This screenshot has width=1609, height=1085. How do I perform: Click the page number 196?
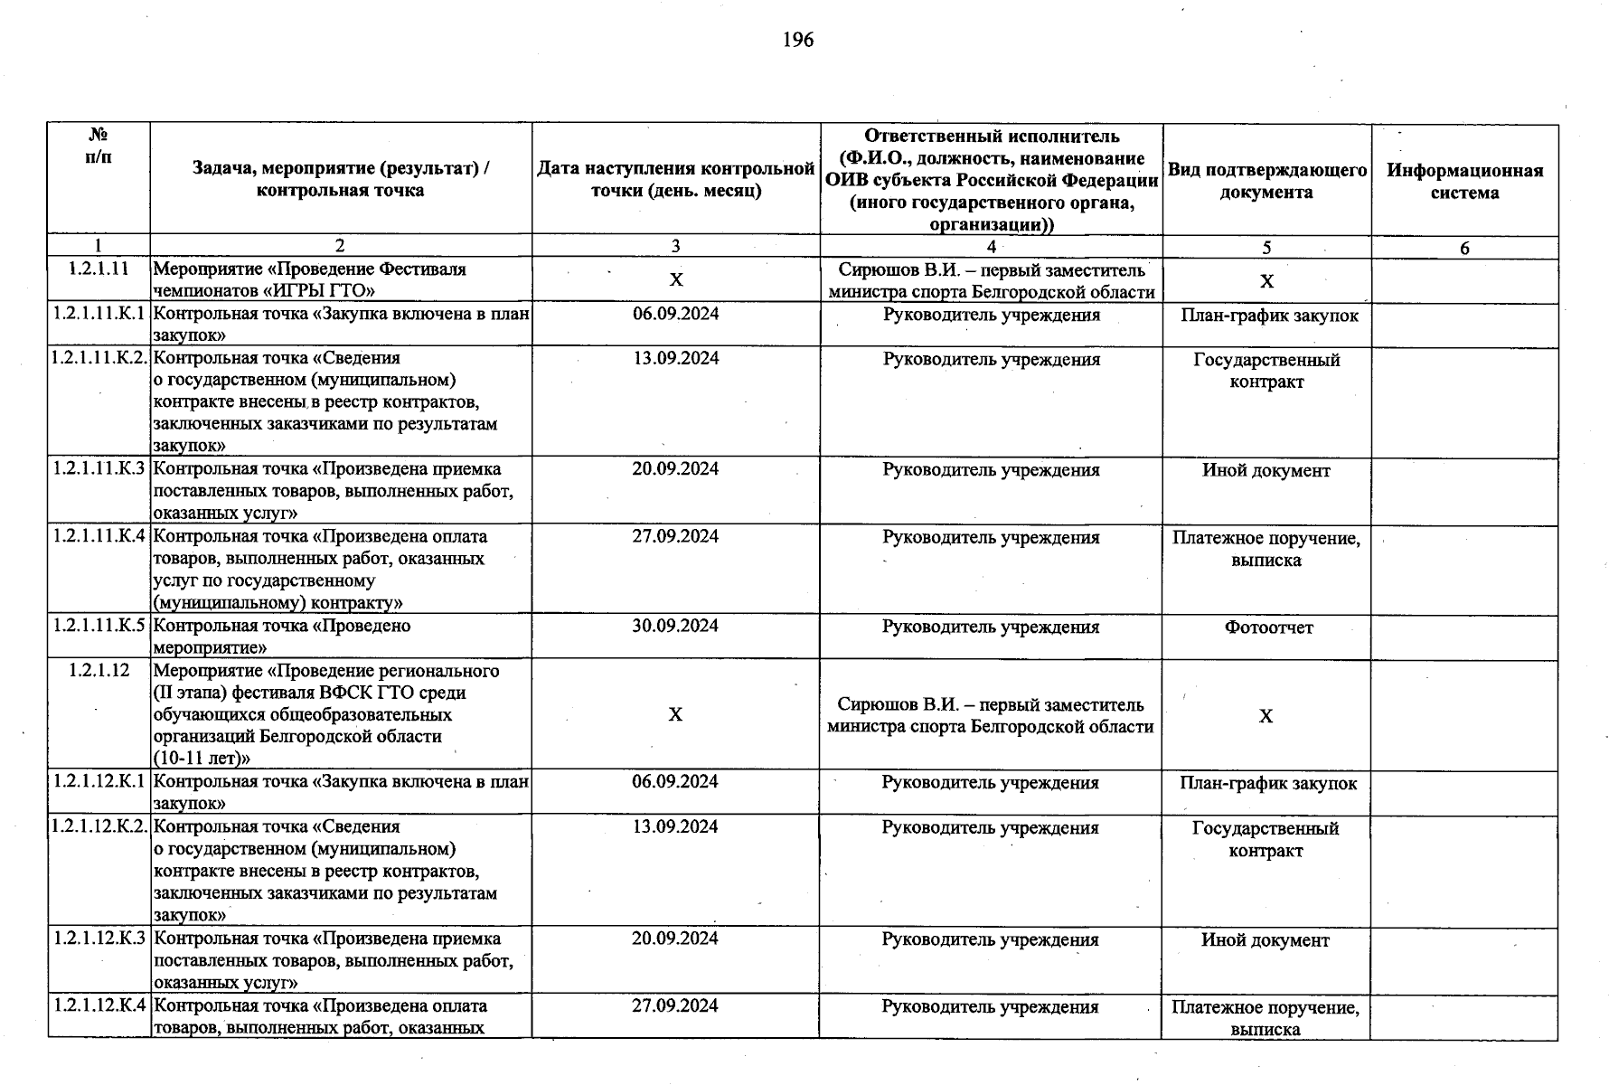[x=798, y=40]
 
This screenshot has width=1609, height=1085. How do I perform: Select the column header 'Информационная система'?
[x=1464, y=181]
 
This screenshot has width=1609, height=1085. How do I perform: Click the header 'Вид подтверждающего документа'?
[x=1266, y=181]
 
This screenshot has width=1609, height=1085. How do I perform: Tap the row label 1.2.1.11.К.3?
[x=99, y=468]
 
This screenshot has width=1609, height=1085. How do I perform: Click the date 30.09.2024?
[x=675, y=626]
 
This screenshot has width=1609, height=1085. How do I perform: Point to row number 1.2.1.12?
[x=99, y=670]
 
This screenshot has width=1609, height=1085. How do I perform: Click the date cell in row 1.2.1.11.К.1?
[x=675, y=314]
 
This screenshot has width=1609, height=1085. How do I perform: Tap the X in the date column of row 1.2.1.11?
[x=676, y=280]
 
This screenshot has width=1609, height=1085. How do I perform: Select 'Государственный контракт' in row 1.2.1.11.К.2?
[x=1266, y=371]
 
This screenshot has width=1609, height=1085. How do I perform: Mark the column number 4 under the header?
[x=991, y=246]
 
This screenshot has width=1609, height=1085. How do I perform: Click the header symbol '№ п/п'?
[x=99, y=146]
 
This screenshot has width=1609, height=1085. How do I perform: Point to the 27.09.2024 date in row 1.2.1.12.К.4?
[x=675, y=1005]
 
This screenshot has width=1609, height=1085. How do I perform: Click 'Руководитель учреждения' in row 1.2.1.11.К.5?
[x=991, y=627]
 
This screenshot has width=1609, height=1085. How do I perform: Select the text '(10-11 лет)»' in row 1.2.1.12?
[x=202, y=758]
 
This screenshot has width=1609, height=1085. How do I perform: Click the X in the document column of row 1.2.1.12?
[x=1266, y=716]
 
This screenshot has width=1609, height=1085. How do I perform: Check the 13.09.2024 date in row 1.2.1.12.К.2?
[x=675, y=826]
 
